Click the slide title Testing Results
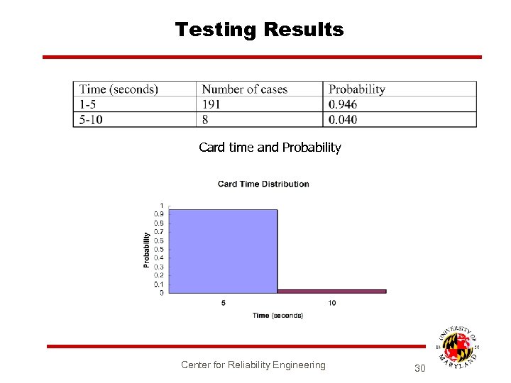point(259,30)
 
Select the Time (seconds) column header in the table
point(119,89)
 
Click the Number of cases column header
point(244,89)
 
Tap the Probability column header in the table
point(356,89)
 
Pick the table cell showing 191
point(211,104)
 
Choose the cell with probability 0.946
point(343,104)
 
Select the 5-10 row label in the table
point(91,119)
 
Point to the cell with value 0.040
point(343,119)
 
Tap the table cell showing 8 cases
point(206,119)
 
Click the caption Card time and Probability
point(270,148)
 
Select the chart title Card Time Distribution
point(263,184)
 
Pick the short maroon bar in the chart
point(331,291)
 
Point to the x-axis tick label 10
point(331,304)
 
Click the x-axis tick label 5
point(224,304)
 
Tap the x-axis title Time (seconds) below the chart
point(278,316)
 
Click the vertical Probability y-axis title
point(147,250)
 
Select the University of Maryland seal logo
point(457,347)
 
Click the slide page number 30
point(419,368)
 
